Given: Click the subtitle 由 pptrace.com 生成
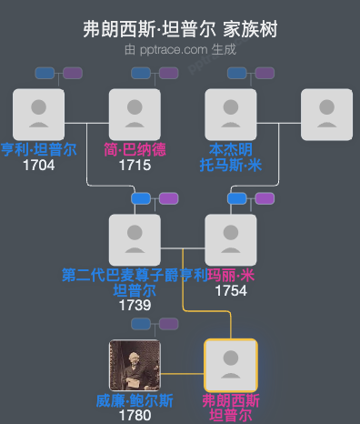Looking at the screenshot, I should (180, 49).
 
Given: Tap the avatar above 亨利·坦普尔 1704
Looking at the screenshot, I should (38, 115).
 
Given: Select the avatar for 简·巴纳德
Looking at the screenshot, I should (135, 115).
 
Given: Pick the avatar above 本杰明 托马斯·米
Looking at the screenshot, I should (231, 115).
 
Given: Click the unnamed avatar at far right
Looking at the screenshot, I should (326, 115).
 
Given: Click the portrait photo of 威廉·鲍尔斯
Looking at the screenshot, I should (135, 366).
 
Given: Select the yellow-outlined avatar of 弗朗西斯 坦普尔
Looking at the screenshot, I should (231, 366).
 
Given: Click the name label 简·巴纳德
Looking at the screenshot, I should (135, 150).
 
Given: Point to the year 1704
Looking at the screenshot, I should (38, 165).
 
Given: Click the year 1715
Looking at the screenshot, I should (135, 165).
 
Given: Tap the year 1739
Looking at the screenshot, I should (135, 306).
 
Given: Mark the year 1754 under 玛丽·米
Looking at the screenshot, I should (231, 290).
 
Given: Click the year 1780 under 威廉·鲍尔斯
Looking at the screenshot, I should (135, 416).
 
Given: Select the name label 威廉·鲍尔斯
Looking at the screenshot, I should (135, 401).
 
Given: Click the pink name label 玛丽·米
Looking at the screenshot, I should (231, 276).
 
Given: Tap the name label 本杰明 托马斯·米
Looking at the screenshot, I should (231, 157).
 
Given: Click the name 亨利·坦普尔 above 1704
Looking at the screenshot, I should (38, 150).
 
